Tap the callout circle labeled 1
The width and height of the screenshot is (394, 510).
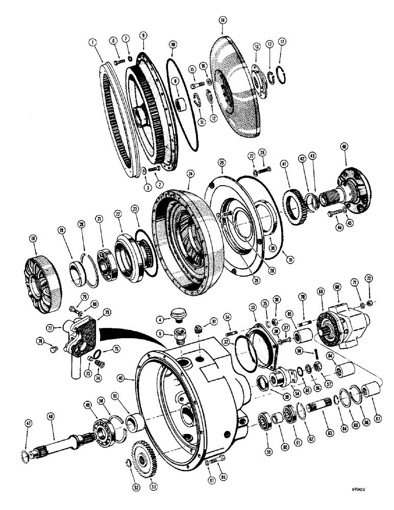coord(92,43)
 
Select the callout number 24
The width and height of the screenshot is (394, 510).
coord(191,173)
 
